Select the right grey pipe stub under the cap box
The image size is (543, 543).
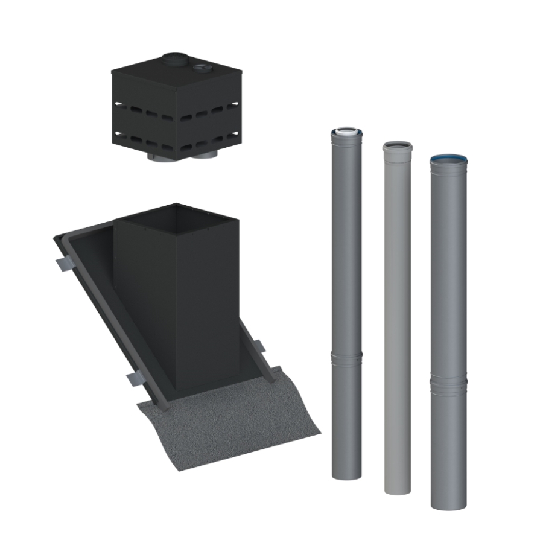tap(208, 156)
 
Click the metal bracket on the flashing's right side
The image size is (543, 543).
tap(258, 348)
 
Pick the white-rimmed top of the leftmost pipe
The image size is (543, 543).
tap(348, 130)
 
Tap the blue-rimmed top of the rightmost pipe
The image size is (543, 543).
tap(448, 159)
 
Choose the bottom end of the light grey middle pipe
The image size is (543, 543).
tap(398, 489)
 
